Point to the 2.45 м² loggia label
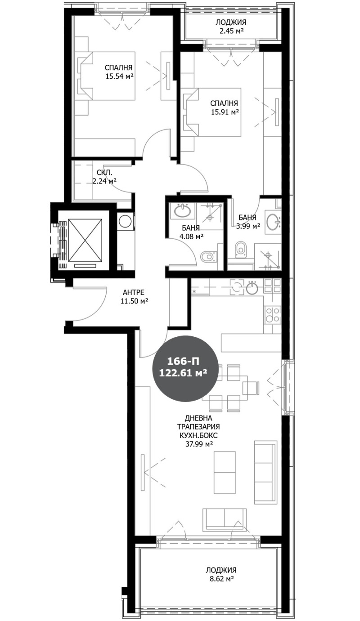[x=231, y=31]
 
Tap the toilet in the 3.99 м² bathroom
[x=241, y=248]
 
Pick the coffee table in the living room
[x=225, y=472]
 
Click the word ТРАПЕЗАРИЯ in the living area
[x=198, y=427]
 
